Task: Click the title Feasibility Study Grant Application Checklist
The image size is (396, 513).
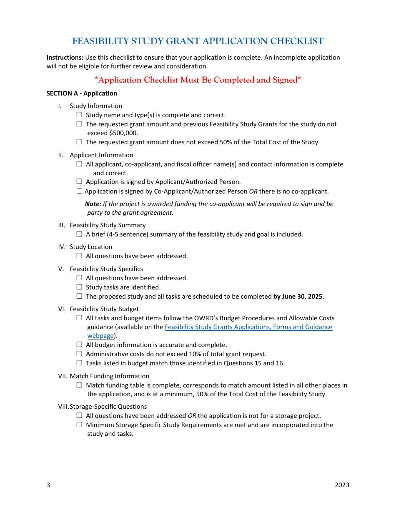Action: pyautogui.click(x=198, y=41)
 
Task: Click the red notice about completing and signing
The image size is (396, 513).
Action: pyautogui.click(x=198, y=80)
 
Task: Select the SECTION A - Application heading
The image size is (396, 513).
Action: pyautogui.click(x=82, y=93)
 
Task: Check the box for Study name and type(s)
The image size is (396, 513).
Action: pyautogui.click(x=79, y=115)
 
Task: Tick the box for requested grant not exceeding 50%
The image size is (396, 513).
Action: pyautogui.click(x=79, y=142)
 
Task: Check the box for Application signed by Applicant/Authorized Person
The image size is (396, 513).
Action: pyautogui.click(x=79, y=181)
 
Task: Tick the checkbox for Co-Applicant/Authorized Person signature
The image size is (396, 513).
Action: pyautogui.click(x=79, y=191)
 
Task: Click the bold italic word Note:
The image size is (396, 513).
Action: pyautogui.click(x=93, y=204)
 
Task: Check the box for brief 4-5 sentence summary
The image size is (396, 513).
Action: pyautogui.click(x=79, y=234)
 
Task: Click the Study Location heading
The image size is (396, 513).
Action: pyautogui.click(x=91, y=247)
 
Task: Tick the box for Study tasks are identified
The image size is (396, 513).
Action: pyautogui.click(x=79, y=287)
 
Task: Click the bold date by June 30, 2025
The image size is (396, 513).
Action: pyautogui.click(x=298, y=297)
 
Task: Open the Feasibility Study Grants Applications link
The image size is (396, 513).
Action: pyautogui.click(x=248, y=327)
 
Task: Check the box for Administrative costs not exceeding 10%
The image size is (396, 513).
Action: pyautogui.click(x=79, y=354)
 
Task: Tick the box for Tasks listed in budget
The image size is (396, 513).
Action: pyautogui.click(x=79, y=363)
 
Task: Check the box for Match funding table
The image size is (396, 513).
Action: pyautogui.click(x=79, y=385)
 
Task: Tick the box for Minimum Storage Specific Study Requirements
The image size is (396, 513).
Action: pyautogui.click(x=79, y=425)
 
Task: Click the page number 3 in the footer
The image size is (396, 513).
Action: pyautogui.click(x=48, y=485)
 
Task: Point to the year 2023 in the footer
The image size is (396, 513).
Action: pyautogui.click(x=342, y=485)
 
